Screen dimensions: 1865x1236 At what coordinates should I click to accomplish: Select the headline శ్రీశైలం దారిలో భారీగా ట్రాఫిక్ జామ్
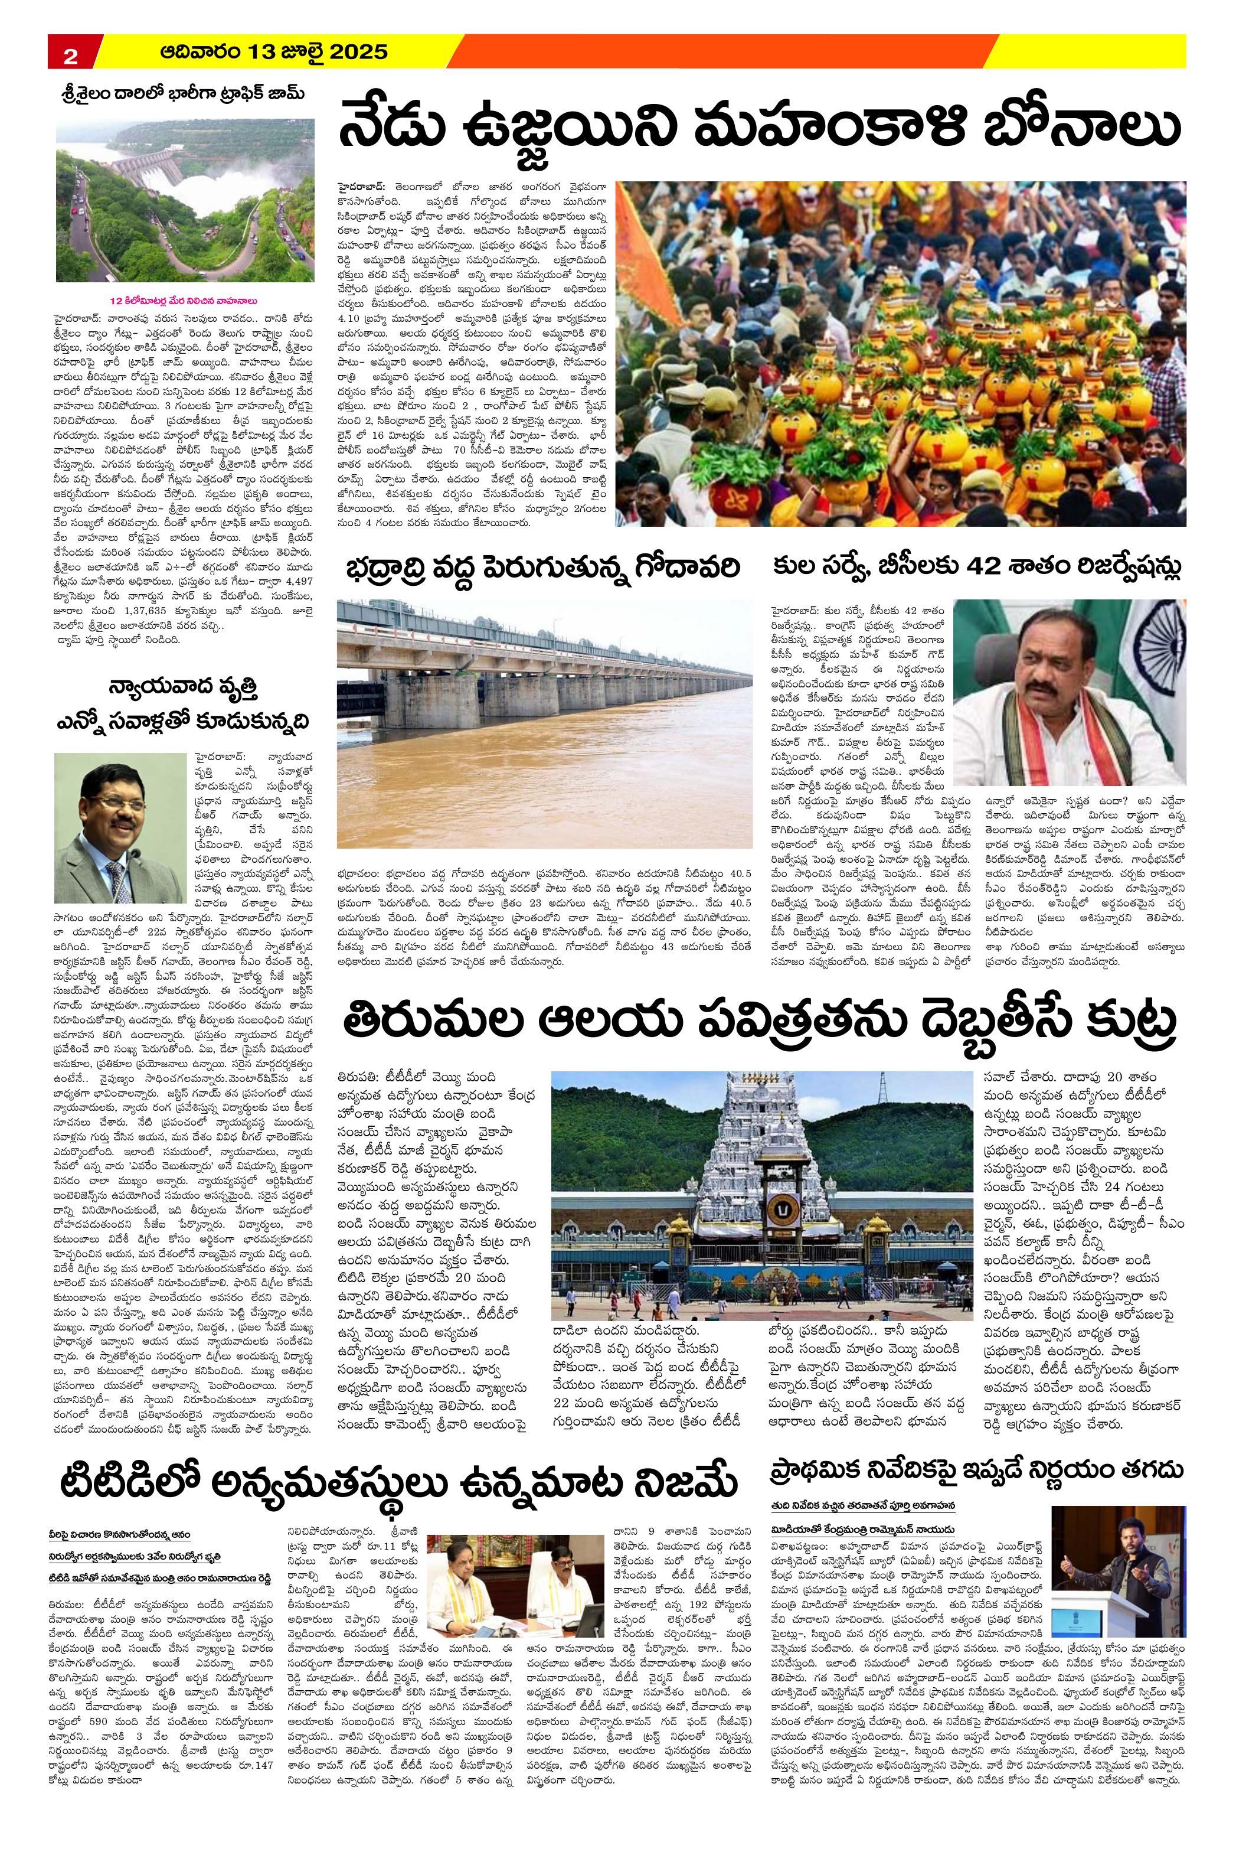pyautogui.click(x=183, y=94)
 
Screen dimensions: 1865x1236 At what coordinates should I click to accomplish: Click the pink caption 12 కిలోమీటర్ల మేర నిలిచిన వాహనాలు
pyautogui.click(x=184, y=301)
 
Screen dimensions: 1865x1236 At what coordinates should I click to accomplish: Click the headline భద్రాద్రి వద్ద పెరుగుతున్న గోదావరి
pyautogui.click(x=541, y=568)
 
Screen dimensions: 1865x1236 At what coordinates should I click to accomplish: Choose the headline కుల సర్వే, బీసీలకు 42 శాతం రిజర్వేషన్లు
pyautogui.click(x=977, y=568)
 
